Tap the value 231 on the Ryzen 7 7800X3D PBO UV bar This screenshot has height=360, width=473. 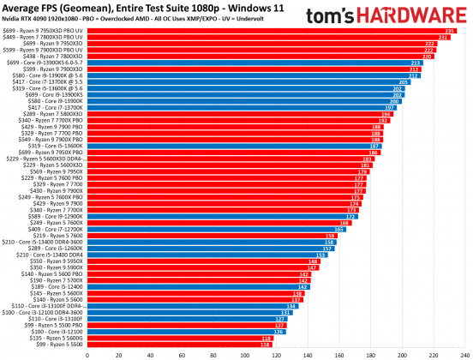pyautogui.click(x=443, y=37)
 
